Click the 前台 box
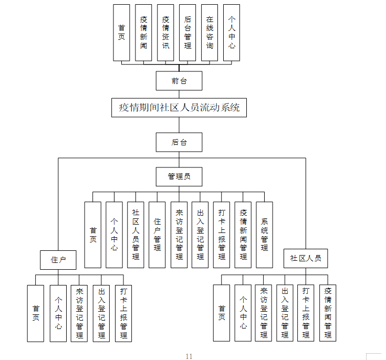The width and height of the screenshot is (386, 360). tap(179, 81)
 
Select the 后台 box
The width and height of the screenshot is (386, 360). tap(179, 142)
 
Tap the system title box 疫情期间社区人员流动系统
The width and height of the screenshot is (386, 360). tap(179, 108)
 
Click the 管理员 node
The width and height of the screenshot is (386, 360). tap(179, 177)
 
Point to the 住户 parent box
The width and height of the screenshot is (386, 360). tap(58, 260)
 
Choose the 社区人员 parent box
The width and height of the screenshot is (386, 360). tap(306, 258)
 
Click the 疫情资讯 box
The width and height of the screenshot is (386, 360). tap(165, 33)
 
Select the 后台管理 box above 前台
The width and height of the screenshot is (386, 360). tap(187, 33)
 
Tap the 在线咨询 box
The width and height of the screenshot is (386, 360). tap(210, 33)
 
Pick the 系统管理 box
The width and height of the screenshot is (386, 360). tap(264, 235)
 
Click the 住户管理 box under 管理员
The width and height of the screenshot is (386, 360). tap(157, 235)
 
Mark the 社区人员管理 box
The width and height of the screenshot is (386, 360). tap(135, 235)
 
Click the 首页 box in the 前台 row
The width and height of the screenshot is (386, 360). tap(122, 33)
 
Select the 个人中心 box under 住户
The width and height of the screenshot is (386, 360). tap(58, 313)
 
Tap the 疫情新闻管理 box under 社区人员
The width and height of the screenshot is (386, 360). tap(328, 313)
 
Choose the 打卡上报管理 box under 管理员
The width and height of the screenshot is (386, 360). tap(222, 235)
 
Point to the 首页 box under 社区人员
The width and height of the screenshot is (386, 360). tap(222, 313)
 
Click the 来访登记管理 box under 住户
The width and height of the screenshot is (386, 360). tap(79, 313)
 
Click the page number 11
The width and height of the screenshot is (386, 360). tap(189, 356)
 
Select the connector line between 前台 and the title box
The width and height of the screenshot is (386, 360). tap(179, 94)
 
